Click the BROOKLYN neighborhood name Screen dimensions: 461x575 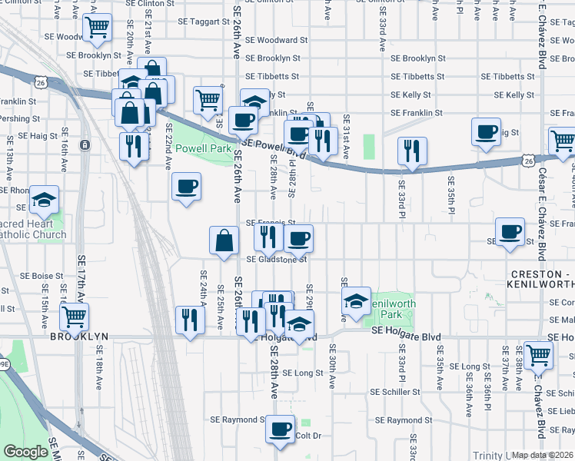tap(77, 337)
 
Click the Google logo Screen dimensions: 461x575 tap(25, 452)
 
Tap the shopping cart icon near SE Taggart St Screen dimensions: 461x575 tap(98, 27)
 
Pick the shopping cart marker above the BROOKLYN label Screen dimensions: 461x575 tap(74, 316)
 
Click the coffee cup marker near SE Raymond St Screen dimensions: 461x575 tap(281, 429)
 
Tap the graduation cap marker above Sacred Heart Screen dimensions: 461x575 tap(45, 200)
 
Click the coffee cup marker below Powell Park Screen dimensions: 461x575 tap(186, 186)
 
